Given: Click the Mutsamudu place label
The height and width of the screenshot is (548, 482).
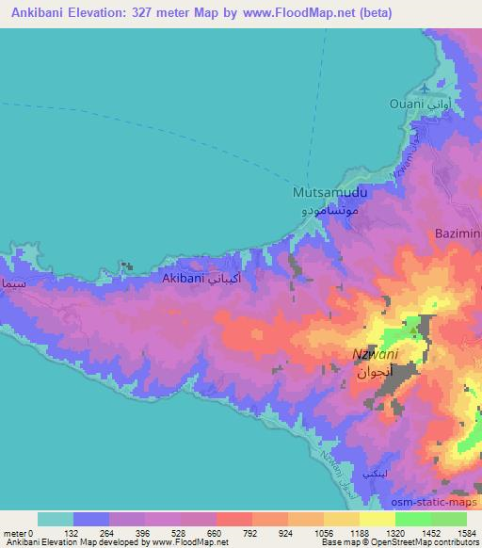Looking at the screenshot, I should pos(325,191).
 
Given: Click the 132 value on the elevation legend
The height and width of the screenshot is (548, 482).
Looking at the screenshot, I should pos(72,532).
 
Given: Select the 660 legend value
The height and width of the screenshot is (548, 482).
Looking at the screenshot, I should pos(216,532).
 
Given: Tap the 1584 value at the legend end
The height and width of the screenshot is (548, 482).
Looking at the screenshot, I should pos(467,532).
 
